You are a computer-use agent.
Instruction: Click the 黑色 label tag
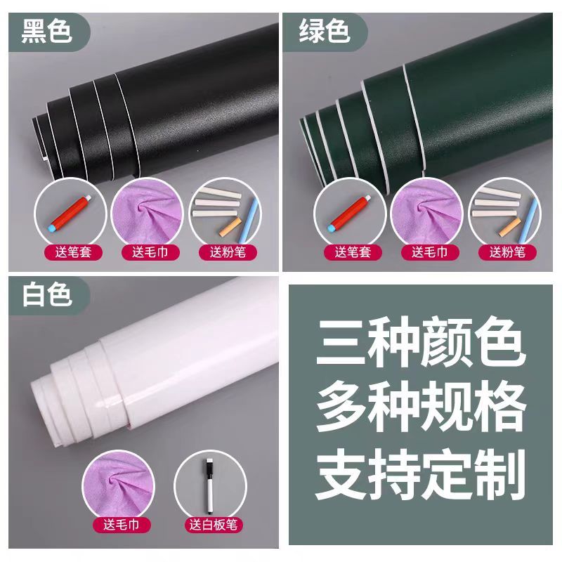point(49,32)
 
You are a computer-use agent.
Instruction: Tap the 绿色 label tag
point(325,32)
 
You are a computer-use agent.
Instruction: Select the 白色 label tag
point(49,295)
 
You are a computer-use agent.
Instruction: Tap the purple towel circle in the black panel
point(148,214)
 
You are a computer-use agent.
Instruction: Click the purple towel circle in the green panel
point(426,214)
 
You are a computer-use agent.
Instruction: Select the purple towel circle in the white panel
point(119,485)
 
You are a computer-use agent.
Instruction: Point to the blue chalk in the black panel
point(249,220)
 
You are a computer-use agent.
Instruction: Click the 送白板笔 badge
point(214,525)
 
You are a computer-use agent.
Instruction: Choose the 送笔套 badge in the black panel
point(74,252)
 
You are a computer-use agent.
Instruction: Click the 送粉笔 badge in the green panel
point(507,252)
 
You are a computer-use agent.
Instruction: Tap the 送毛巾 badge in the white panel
point(122,525)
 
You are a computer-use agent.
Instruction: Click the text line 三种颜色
point(419,342)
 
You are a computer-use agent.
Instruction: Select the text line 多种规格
point(420,407)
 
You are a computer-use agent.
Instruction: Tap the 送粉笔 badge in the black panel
point(228,252)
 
